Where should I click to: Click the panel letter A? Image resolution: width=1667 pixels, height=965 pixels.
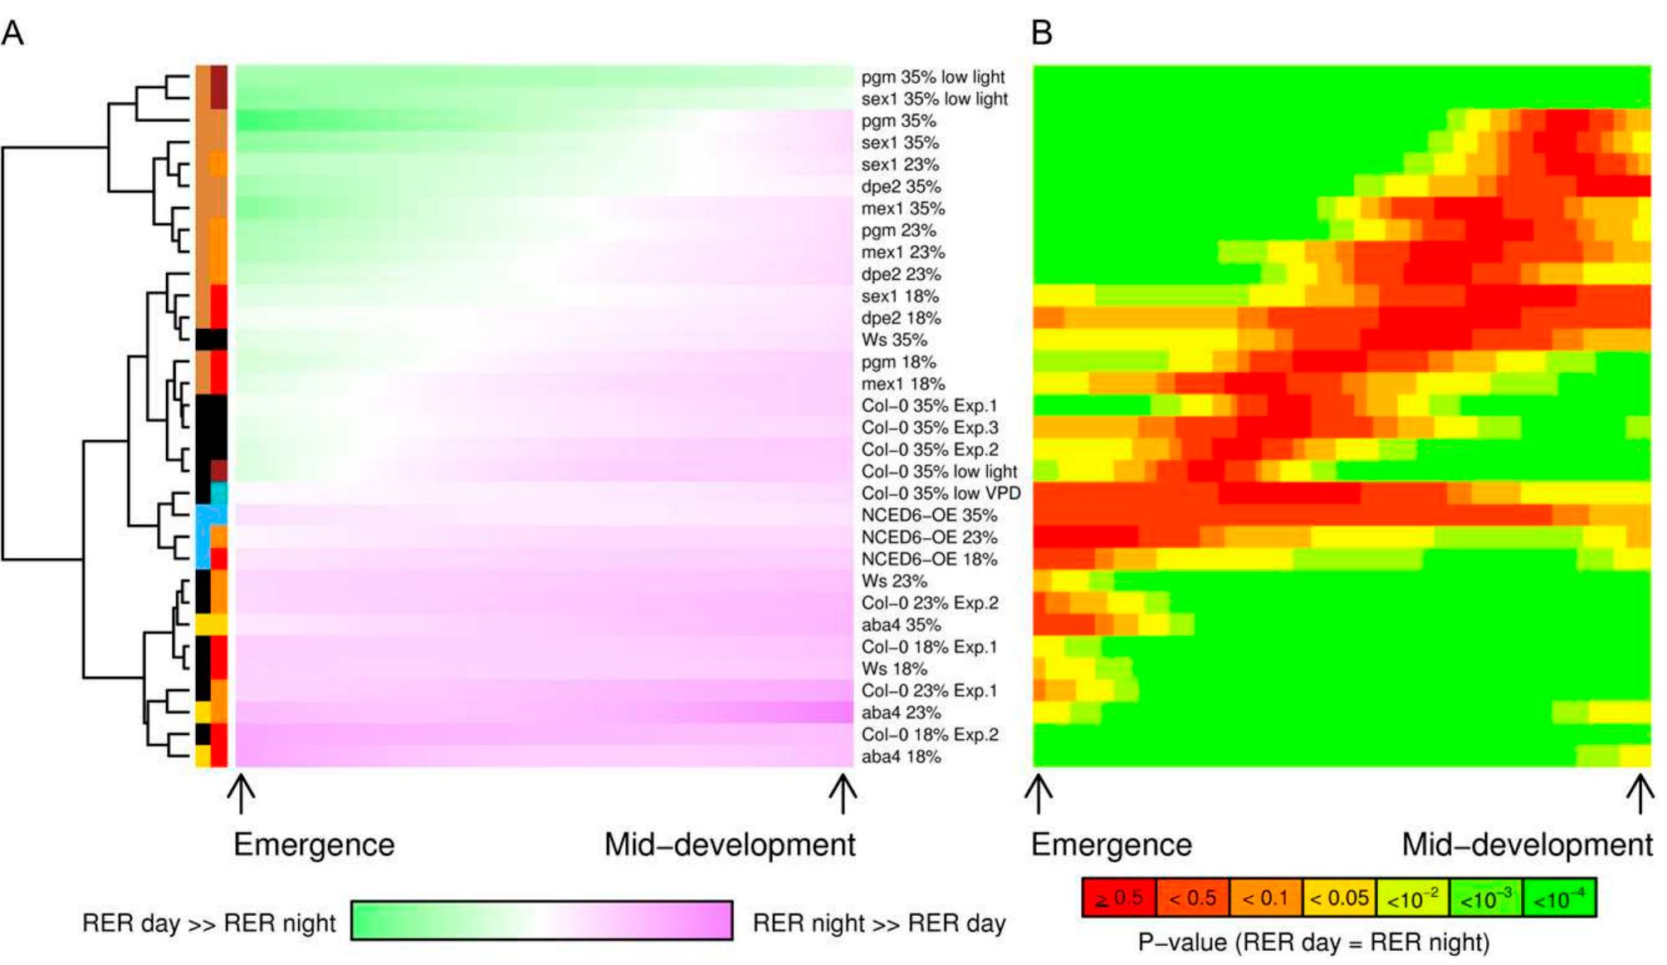12,33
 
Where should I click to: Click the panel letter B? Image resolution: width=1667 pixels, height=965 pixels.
1042,33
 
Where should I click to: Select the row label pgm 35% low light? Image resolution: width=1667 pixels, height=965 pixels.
933,77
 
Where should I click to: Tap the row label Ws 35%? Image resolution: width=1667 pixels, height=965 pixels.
894,340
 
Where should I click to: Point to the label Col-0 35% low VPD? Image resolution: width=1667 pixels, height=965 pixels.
941,493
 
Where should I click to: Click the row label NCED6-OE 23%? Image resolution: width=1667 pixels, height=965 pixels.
929,537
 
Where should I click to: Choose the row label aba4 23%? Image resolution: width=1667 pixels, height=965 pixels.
901,713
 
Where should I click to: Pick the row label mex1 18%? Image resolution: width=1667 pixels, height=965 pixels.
903,384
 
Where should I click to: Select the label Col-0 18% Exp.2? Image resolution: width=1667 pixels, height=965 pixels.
930,735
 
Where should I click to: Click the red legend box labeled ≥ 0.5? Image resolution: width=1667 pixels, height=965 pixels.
1119,898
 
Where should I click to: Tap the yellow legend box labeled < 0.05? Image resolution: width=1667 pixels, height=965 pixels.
1339,898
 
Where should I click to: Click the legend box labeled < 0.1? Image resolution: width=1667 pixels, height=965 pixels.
1266,898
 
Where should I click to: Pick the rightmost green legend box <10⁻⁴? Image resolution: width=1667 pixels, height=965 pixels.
1559,898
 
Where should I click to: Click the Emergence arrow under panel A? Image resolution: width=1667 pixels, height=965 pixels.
241,794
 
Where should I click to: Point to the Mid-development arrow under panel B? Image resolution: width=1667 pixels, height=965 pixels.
1640,794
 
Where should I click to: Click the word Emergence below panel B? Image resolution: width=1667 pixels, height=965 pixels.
1112,845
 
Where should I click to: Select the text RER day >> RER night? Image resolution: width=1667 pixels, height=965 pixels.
209,923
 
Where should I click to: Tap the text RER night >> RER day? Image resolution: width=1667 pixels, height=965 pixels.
879,923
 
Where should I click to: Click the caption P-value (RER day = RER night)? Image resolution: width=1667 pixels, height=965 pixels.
1313,943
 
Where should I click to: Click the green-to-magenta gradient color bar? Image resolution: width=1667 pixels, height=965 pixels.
541,920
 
